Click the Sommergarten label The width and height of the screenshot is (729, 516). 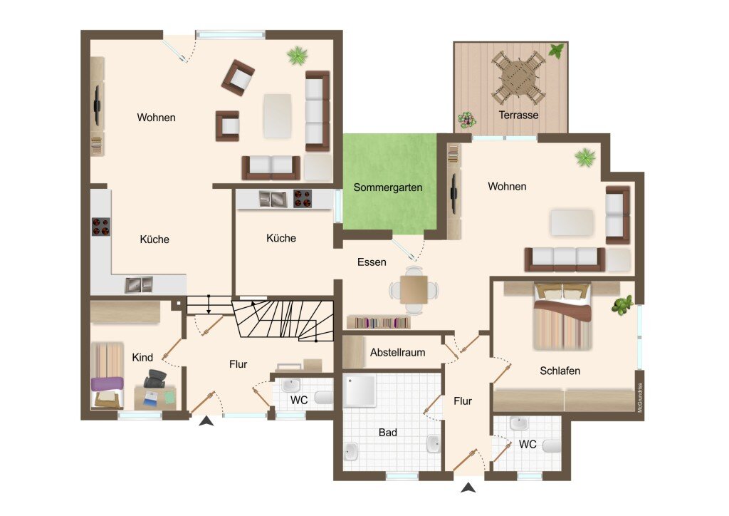(388, 187)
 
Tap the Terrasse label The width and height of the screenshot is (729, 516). (518, 115)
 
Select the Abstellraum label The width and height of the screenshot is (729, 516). (397, 353)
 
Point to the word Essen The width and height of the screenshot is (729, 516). (372, 262)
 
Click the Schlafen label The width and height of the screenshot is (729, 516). (560, 371)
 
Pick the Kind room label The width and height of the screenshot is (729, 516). (142, 357)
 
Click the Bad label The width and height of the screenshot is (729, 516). (388, 433)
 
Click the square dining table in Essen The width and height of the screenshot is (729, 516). (414, 290)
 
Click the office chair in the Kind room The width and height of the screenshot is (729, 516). (154, 378)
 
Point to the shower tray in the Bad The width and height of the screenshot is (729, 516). (360, 391)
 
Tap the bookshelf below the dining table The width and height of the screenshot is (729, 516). (379, 322)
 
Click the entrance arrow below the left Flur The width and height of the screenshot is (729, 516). (206, 421)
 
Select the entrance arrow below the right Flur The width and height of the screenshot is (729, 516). (468, 487)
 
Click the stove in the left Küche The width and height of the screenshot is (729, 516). (101, 227)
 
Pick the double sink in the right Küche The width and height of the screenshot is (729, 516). (273, 199)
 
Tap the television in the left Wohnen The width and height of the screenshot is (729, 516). (98, 105)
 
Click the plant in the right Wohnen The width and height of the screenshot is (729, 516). (585, 158)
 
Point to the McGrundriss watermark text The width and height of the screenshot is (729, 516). (640, 398)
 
